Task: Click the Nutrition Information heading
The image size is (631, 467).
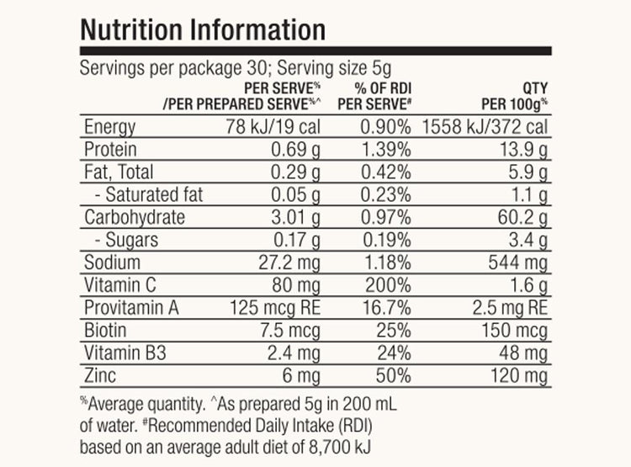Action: click(x=202, y=29)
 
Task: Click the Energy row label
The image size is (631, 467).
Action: click(x=110, y=128)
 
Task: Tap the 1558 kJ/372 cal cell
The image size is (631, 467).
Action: click(x=485, y=128)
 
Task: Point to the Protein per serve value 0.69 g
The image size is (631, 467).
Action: click(x=294, y=151)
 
